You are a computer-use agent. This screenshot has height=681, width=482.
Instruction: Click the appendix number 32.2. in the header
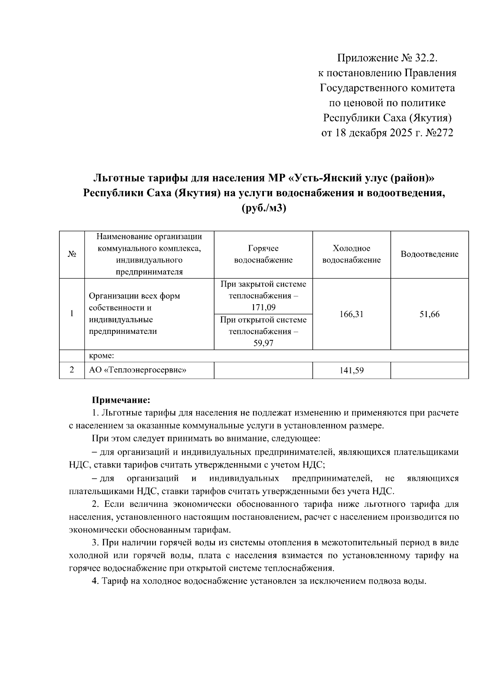point(422,59)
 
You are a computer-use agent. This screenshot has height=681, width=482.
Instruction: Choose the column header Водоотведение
point(429,254)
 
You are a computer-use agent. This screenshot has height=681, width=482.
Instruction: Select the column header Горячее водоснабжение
point(263,254)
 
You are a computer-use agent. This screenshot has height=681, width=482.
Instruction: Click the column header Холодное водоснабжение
point(351,254)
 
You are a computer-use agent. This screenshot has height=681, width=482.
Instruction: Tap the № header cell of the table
point(71,254)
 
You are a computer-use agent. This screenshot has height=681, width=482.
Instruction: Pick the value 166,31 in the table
point(351,314)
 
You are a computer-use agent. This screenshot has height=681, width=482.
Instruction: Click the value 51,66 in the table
point(429,314)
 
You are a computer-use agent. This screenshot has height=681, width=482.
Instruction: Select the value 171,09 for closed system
point(263,308)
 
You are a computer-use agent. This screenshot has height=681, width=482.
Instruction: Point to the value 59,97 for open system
point(263,344)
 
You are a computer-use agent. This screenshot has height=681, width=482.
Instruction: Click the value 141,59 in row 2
point(351,371)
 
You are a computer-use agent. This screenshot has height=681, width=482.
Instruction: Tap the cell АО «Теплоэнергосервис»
point(137,370)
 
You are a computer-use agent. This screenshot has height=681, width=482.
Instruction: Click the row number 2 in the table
point(71,370)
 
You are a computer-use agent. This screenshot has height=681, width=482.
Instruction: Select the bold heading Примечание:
point(121,400)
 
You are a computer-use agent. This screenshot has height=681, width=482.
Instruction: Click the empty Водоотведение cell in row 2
point(429,370)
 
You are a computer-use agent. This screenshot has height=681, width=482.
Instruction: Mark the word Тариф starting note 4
point(113,581)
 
